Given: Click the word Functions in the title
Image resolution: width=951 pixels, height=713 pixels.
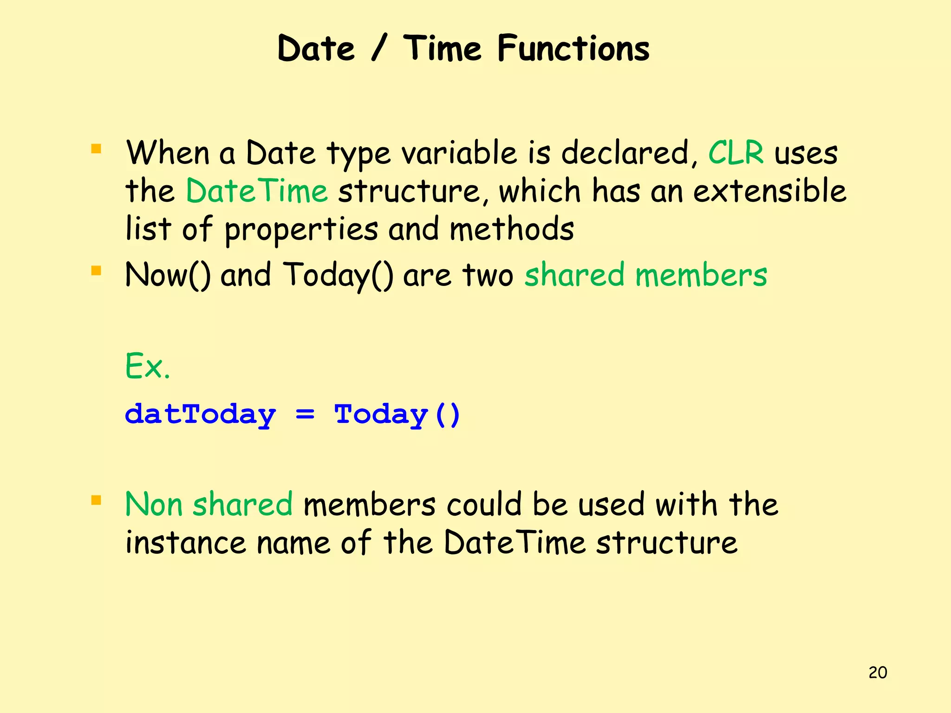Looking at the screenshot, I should (x=573, y=49).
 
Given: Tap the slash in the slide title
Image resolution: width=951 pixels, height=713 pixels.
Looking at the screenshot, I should (x=378, y=49).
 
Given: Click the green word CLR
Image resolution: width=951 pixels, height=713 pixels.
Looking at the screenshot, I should (x=736, y=153).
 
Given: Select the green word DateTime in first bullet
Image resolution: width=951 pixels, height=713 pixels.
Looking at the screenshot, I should (x=257, y=191).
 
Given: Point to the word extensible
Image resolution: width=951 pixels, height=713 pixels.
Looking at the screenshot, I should (x=769, y=191).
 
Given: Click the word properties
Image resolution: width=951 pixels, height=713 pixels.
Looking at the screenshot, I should (x=301, y=230).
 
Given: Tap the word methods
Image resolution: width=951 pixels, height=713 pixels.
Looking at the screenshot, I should (x=512, y=229).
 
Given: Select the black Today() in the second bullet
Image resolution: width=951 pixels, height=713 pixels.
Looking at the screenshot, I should (x=339, y=275).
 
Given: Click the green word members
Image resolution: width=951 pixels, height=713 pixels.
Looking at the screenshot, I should (x=701, y=275).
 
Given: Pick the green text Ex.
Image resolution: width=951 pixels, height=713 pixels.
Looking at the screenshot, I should (x=148, y=367).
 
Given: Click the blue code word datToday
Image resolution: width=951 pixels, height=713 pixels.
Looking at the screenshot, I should (x=201, y=414).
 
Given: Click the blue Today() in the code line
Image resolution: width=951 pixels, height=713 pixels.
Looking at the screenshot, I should (x=397, y=414).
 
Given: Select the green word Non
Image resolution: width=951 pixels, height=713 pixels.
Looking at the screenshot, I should (x=154, y=505).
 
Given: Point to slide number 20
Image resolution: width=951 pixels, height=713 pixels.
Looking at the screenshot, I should (x=877, y=673).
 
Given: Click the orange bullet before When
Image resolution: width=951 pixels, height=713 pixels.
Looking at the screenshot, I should (x=96, y=149).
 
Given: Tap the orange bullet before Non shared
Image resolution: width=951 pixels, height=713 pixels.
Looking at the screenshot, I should (x=96, y=500).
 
